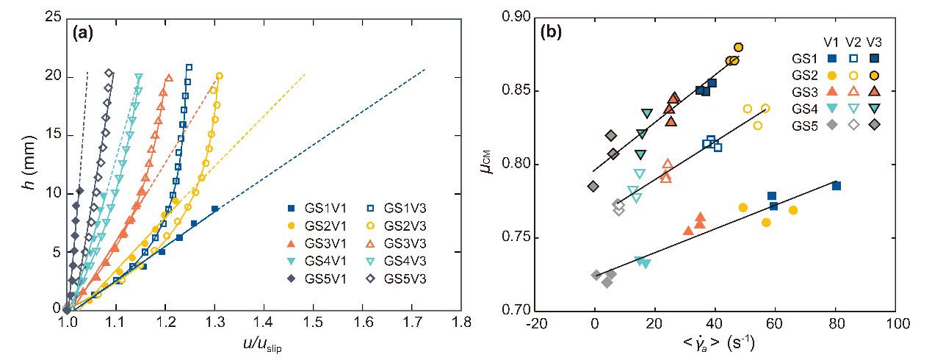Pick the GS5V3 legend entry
point(397,278)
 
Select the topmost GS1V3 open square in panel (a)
point(189,68)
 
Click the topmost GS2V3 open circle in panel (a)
point(219,76)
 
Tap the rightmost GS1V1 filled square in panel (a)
point(214,209)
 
